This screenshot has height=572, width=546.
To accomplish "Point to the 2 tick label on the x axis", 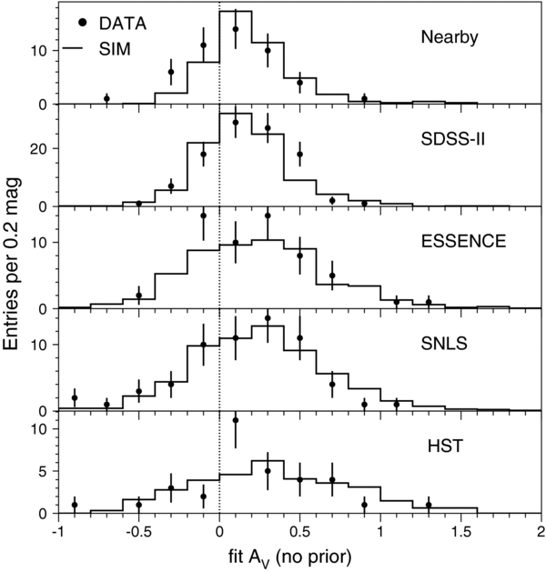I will click(x=541, y=531).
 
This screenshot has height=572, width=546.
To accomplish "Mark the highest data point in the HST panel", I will click(x=236, y=420).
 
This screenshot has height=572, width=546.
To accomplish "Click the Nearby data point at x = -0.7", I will click(x=106, y=98).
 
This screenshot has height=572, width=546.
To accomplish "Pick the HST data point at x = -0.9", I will click(x=75, y=505).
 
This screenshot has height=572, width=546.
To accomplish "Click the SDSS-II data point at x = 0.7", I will click(x=332, y=200).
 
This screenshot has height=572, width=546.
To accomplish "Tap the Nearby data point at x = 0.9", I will click(x=364, y=98).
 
